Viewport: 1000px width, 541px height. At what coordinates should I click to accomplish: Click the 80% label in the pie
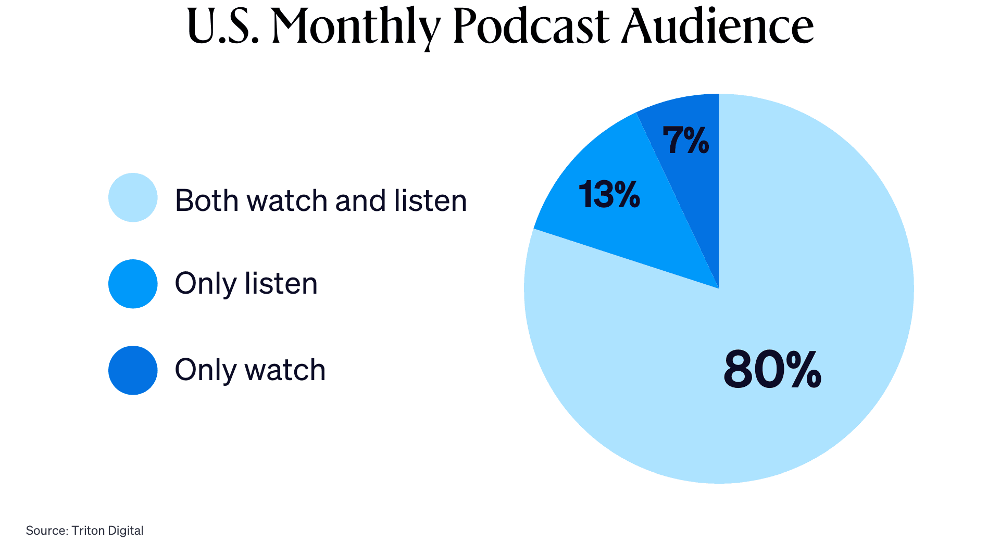[x=772, y=370]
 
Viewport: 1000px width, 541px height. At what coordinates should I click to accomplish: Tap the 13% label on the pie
[x=609, y=195]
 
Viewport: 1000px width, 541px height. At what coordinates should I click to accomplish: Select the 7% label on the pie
[x=685, y=141]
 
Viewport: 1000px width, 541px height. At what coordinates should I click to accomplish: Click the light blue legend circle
[x=133, y=198]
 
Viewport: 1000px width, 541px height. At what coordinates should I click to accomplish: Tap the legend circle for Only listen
[x=133, y=284]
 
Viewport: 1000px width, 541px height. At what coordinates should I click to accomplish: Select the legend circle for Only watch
[x=133, y=370]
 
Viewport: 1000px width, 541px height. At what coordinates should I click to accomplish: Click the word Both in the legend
[x=207, y=200]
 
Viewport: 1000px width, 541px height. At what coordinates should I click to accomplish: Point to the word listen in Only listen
[x=281, y=284]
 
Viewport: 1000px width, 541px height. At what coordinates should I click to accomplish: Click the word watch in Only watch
[x=285, y=370]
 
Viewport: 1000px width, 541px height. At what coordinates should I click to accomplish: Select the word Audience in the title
[x=717, y=26]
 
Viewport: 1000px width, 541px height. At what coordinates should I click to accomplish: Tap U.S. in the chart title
[x=223, y=26]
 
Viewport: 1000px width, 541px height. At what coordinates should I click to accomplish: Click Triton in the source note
[x=88, y=531]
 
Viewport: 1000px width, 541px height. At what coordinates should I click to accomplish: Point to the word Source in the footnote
[x=46, y=531]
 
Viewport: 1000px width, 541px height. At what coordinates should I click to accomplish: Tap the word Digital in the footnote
[x=126, y=531]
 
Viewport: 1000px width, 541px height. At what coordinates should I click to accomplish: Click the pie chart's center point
[x=719, y=288]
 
